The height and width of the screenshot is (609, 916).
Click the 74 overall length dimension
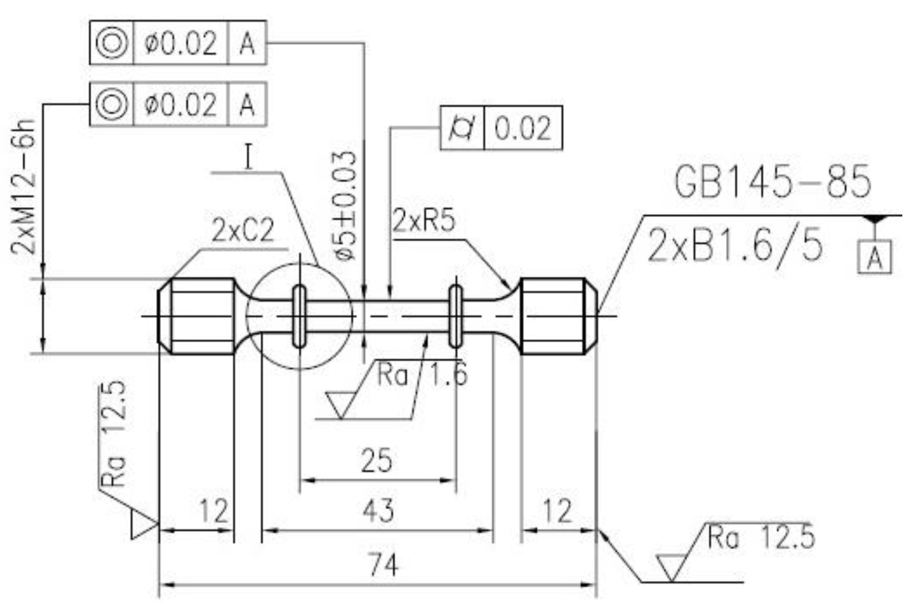coord(383,565)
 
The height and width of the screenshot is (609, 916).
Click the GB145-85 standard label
coord(772,181)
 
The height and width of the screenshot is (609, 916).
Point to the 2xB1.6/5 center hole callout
coord(735,245)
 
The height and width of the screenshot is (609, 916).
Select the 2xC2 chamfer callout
coord(243,230)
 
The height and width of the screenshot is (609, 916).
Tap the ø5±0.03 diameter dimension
coord(344,205)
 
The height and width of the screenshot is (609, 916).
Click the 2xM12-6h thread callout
coord(23,187)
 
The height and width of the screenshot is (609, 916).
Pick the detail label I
coord(248,157)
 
